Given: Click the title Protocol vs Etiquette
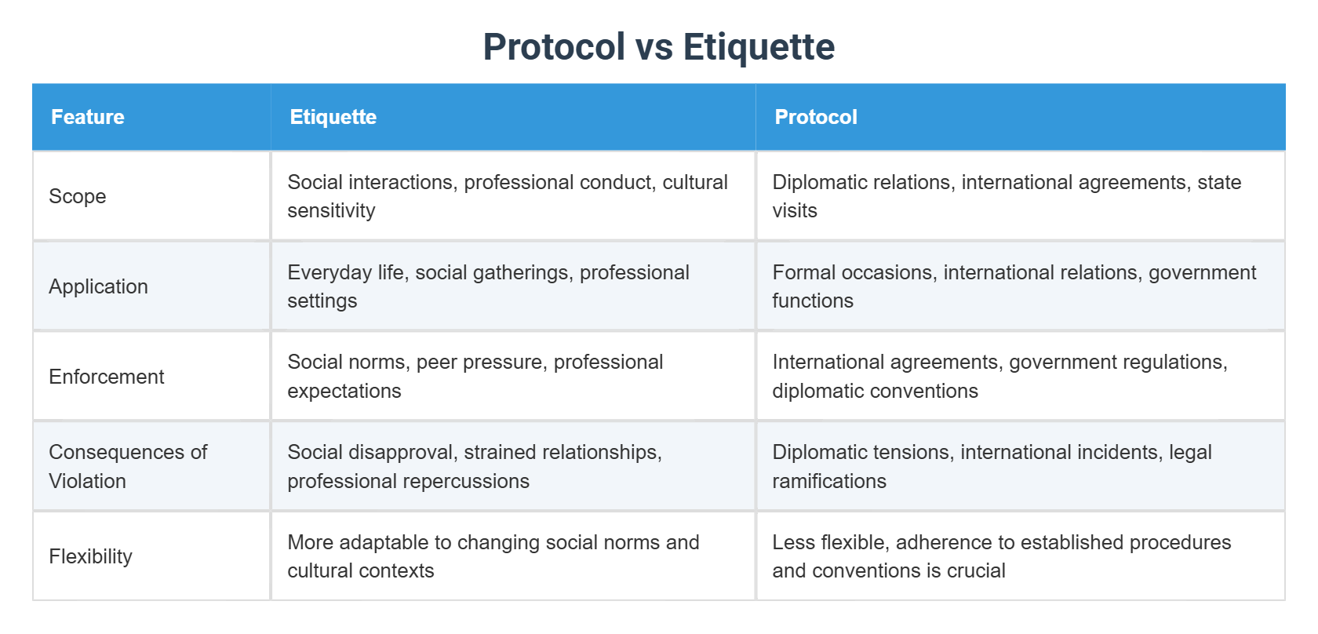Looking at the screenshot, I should coord(658,47).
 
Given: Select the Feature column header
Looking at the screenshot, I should coord(88,117).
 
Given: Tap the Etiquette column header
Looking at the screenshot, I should coord(333,117).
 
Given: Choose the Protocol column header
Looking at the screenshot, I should coord(815,117).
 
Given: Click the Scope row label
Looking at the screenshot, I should coord(78,196).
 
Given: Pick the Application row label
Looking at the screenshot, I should coord(98,286).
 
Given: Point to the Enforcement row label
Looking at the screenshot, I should coord(107,377).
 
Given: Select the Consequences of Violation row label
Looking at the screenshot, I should coord(127,466).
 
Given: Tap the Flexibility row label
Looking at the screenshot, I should coord(90,556).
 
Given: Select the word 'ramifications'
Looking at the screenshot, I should coord(829,481).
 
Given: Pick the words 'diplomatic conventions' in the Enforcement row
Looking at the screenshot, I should coord(875,391).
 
